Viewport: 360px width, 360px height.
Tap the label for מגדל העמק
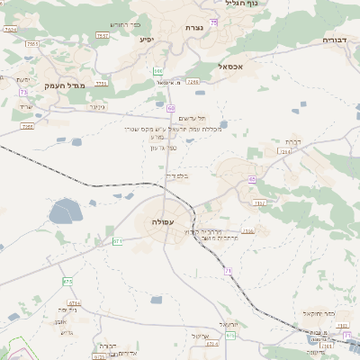click(63, 85)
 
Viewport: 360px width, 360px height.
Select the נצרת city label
click(193, 29)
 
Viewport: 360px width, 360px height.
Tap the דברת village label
click(292, 141)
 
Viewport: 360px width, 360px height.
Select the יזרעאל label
click(228, 324)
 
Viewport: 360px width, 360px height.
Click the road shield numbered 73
click(22, 92)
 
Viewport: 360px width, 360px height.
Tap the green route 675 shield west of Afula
click(67, 282)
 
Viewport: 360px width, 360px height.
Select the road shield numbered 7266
click(193, 82)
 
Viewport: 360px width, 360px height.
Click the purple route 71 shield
click(229, 270)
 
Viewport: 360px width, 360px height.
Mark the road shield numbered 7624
click(10, 30)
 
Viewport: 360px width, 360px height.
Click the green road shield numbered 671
click(117, 240)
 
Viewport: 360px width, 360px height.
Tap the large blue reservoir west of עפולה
click(66, 213)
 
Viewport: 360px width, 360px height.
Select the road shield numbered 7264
click(284, 151)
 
